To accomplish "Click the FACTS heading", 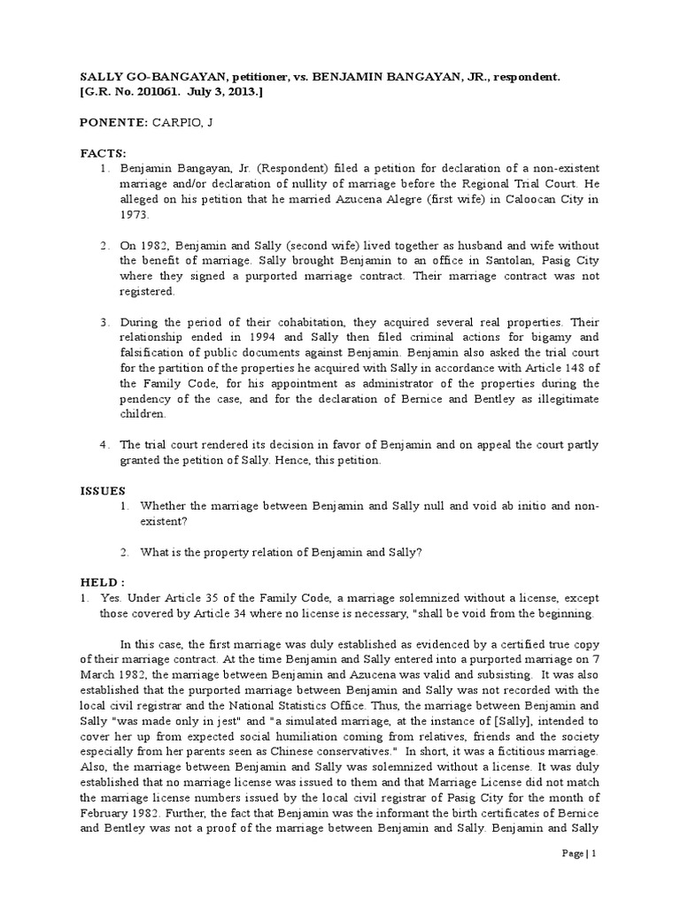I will tap(101, 153).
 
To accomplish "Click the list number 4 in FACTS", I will tap(103, 444).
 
